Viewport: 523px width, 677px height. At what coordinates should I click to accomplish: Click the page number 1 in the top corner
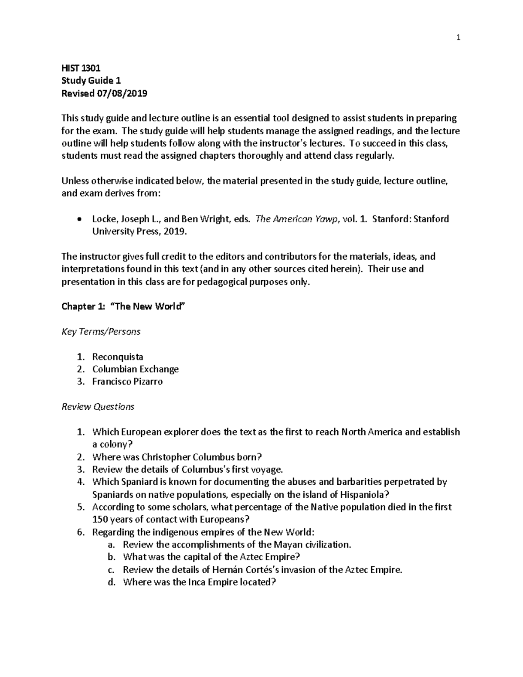458,38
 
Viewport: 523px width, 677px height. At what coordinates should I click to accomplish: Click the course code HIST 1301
81,68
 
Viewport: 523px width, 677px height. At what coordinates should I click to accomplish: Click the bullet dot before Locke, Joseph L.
78,219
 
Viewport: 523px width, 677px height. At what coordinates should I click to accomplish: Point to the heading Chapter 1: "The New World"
123,306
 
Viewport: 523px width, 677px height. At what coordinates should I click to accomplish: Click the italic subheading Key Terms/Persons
101,332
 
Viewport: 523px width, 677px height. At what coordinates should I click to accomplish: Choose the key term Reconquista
117,357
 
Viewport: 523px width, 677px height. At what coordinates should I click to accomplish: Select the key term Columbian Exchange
135,369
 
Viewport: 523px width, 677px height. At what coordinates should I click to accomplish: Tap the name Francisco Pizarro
127,382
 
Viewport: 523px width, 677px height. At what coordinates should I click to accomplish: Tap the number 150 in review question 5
100,520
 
